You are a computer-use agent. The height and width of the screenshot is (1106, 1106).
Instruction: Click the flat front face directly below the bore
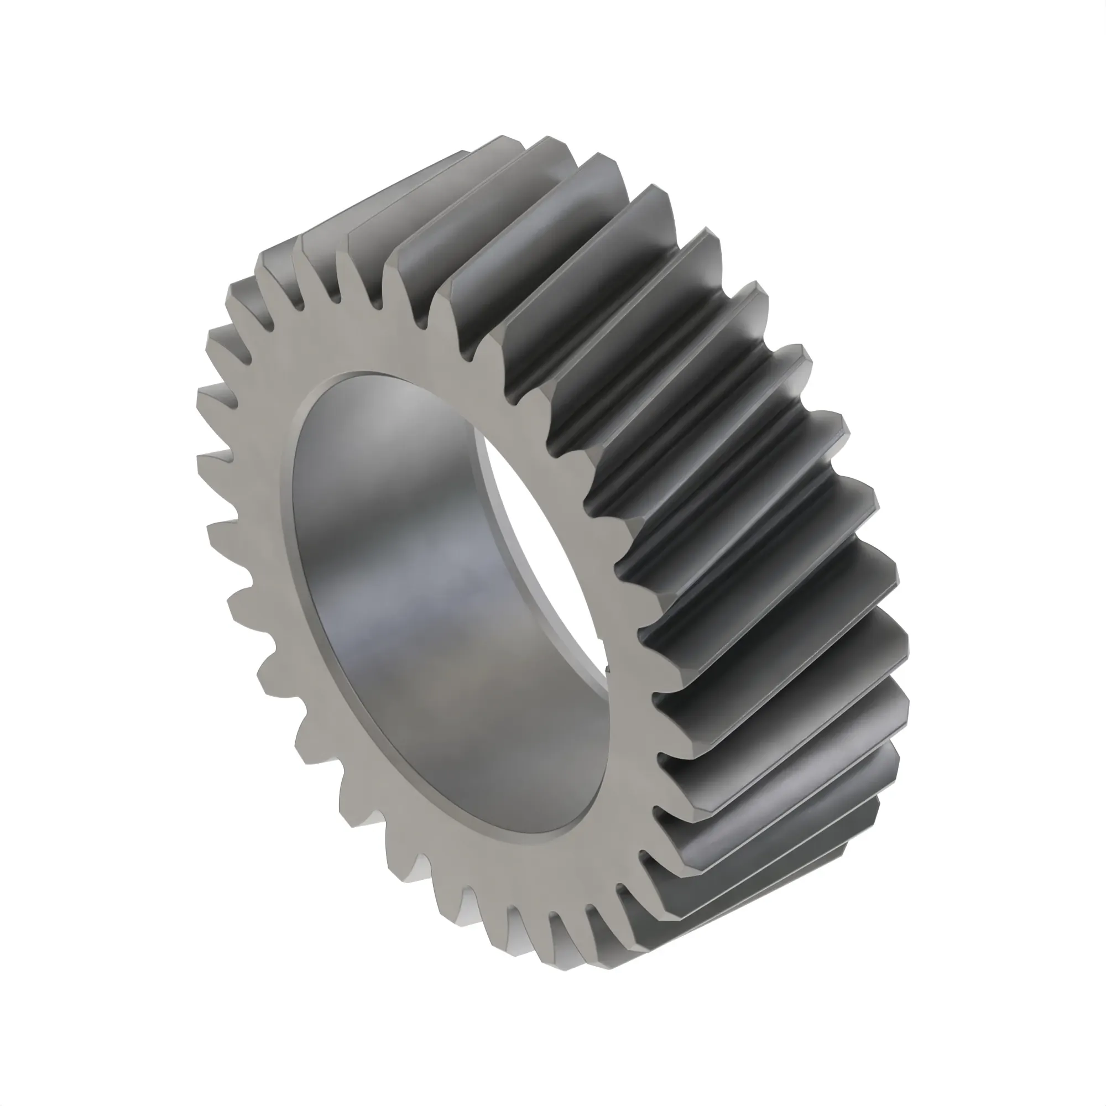click(x=544, y=881)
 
